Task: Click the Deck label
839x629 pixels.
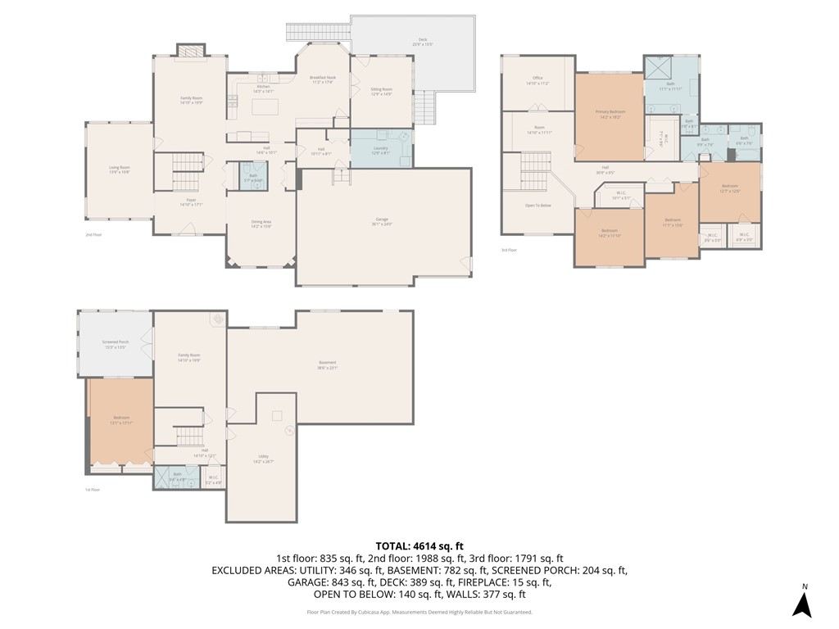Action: [422, 42]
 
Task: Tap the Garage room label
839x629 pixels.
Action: [382, 219]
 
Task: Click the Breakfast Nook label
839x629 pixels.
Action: [321, 78]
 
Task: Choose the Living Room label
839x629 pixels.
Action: [120, 169]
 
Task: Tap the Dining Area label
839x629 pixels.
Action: [261, 224]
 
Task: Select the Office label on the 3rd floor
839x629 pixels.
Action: [537, 80]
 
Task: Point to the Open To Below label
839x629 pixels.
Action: [537, 205]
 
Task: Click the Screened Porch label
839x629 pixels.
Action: [115, 345]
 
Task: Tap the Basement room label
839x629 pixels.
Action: [327, 364]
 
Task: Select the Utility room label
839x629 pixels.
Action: [262, 459]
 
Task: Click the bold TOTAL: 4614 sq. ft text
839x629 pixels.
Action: [419, 545]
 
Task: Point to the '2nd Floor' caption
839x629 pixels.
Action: [93, 235]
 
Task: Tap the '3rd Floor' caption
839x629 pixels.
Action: [509, 251]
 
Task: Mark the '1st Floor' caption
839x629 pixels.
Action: [93, 490]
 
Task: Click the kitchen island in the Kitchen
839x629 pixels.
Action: [269, 106]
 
